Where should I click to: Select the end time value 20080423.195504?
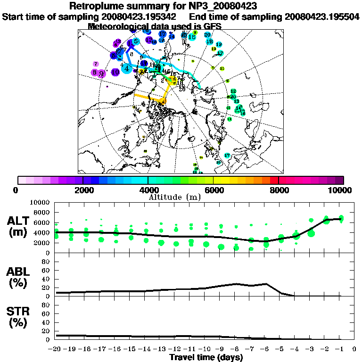coord(322,17)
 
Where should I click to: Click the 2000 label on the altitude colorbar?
coord(83,190)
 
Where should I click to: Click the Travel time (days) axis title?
coord(206,358)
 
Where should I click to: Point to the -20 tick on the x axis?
coord(56,349)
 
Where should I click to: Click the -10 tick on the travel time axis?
coord(206,349)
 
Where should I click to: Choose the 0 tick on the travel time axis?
coord(354,349)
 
